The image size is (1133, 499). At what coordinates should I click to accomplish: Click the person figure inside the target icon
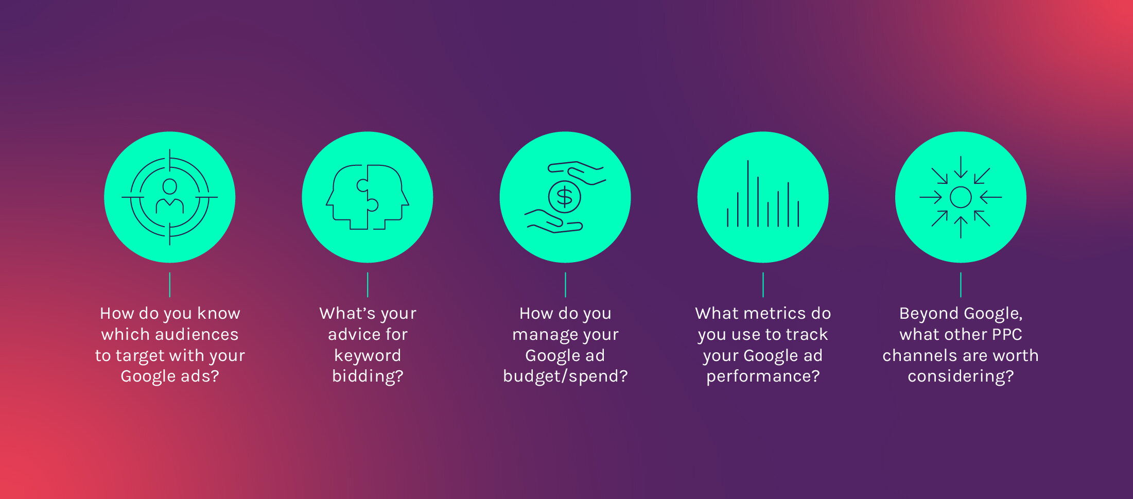tap(169, 196)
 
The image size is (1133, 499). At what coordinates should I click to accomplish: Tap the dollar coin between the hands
tap(565, 197)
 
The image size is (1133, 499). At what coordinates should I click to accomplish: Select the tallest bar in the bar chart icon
tap(747, 193)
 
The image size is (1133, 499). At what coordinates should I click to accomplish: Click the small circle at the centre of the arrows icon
tap(961, 197)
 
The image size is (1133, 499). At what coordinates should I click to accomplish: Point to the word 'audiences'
tap(196, 335)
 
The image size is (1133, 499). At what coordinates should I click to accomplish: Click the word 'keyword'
tap(368, 355)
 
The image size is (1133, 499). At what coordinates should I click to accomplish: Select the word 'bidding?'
tap(368, 376)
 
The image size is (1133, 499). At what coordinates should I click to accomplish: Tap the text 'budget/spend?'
tap(565, 376)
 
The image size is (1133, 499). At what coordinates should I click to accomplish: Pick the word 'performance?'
tap(763, 376)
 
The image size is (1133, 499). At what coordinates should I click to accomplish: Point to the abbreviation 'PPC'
tap(1007, 335)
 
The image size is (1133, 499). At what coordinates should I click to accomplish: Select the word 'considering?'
tap(961, 376)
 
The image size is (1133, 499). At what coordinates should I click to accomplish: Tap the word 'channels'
tap(919, 355)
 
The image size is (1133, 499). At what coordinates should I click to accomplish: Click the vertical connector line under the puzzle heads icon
tap(368, 285)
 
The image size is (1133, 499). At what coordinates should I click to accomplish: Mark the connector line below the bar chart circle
tap(763, 285)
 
